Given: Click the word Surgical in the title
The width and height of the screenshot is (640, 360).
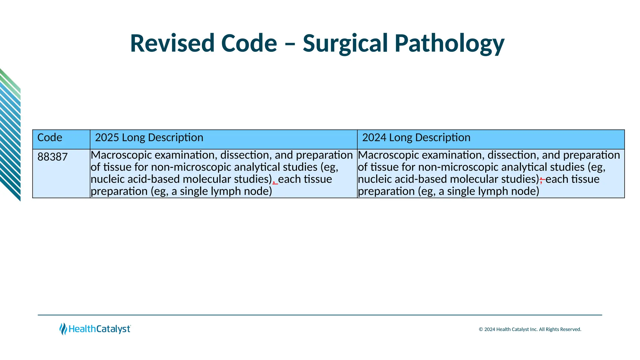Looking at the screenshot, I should (x=346, y=43).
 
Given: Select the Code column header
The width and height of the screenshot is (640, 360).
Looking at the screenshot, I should (x=50, y=137).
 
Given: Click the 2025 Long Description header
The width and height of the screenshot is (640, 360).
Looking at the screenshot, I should (x=149, y=137).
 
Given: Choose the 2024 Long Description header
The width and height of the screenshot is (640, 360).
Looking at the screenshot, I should (x=416, y=137).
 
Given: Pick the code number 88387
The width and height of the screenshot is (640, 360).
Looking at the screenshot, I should (x=52, y=157).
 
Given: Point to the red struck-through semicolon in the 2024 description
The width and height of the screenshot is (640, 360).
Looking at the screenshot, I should (x=542, y=180).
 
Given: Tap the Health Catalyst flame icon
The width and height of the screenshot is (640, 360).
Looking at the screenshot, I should (x=63, y=329).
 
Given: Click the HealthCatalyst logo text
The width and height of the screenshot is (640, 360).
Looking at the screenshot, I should (x=99, y=329).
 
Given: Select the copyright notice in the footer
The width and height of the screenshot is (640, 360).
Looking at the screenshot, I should (x=530, y=329).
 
